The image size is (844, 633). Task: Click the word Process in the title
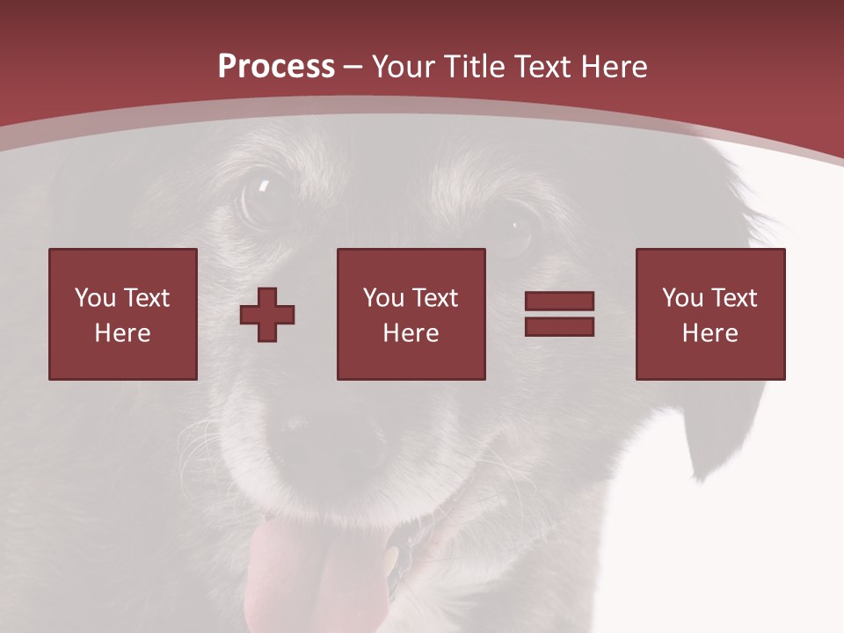tap(276, 67)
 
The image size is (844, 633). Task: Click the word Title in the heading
tap(475, 67)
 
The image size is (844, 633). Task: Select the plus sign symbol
tap(267, 314)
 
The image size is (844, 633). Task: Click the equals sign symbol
tap(559, 314)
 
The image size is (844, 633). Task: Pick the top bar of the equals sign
tap(559, 302)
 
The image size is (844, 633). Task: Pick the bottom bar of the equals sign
tap(559, 326)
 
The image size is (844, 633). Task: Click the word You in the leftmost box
tap(94, 298)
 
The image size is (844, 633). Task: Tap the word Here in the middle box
tap(411, 333)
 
